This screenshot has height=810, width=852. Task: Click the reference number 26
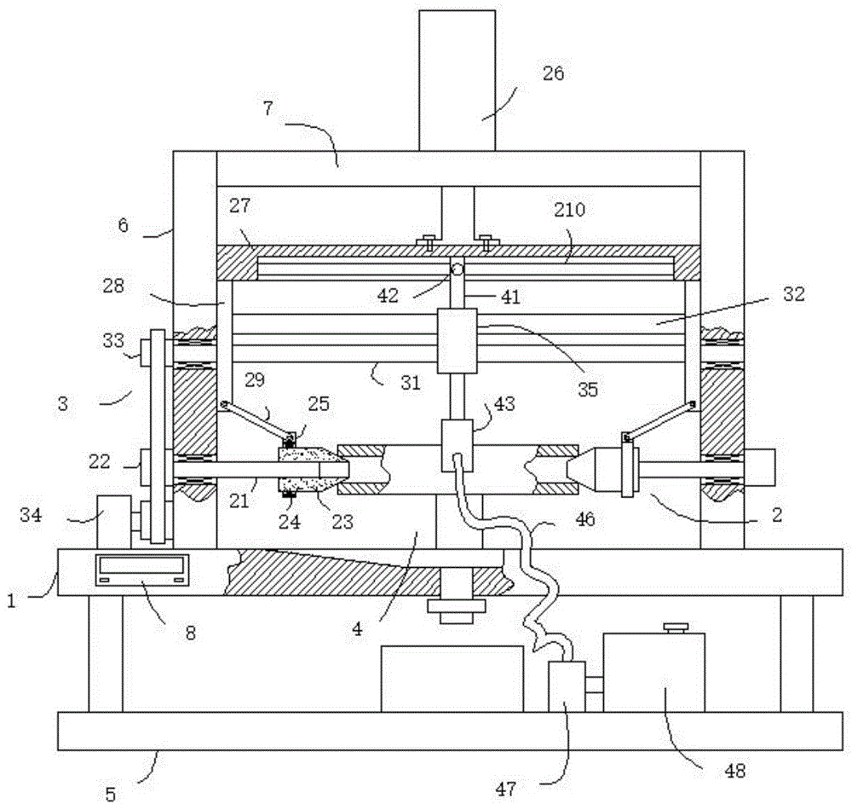(x=553, y=73)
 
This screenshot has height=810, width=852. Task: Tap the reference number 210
(x=569, y=209)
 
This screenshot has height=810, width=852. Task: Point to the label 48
(x=734, y=770)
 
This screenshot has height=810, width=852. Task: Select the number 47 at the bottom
(x=505, y=789)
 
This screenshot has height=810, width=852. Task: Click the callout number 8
(x=190, y=633)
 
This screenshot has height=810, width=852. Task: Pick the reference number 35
(x=588, y=390)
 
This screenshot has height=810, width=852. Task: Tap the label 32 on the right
(x=793, y=294)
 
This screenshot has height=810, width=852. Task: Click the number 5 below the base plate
(x=110, y=795)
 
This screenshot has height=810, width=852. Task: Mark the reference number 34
(x=31, y=514)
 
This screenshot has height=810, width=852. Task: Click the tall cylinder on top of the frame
(x=457, y=80)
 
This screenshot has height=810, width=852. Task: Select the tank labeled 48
(x=653, y=673)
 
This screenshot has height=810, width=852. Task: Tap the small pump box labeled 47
(x=567, y=686)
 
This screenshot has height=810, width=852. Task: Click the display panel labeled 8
(x=142, y=570)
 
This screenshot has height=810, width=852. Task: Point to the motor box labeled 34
(x=114, y=522)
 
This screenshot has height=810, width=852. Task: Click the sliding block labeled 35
(x=457, y=341)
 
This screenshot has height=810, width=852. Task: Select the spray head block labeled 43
(x=457, y=445)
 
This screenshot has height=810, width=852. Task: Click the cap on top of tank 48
(x=676, y=628)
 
